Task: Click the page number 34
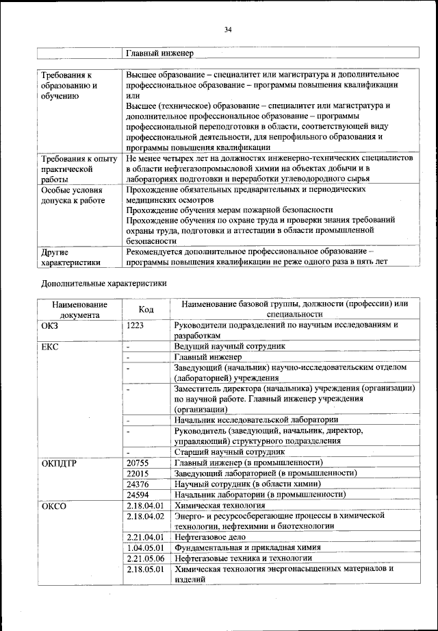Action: coord(229,29)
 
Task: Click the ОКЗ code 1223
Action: coord(136,325)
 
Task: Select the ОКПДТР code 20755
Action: coord(138,463)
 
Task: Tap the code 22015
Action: coord(138,473)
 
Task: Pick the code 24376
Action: coord(138,484)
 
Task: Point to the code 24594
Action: coord(138,494)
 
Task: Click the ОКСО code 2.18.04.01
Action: coord(146,505)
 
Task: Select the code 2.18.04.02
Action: coord(146,515)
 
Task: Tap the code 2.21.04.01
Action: coord(146,537)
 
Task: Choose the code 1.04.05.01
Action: coord(146,547)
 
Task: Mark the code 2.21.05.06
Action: coord(146,558)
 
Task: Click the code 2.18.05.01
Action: coord(146,569)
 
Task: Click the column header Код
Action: coord(146,309)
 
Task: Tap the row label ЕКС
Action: coord(50,347)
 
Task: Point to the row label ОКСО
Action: coord(53,505)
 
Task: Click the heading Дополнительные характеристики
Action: coord(103,282)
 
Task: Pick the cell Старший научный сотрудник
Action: coord(229,452)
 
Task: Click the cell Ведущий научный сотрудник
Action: coord(229,347)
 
